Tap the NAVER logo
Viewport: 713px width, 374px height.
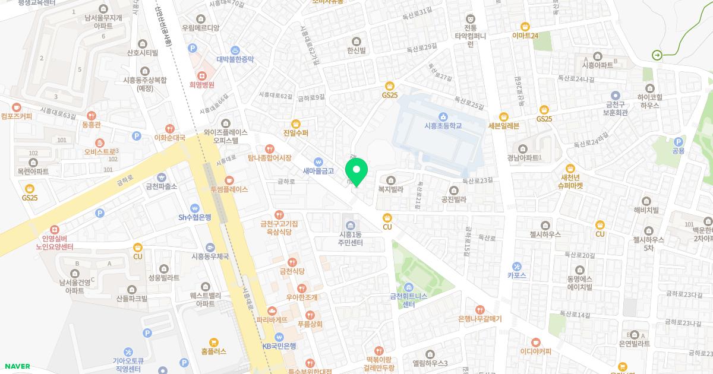pos(17,366)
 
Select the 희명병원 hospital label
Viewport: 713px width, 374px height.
pos(202,85)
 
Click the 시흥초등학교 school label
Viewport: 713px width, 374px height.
pos(443,126)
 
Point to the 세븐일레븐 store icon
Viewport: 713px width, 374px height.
pos(504,116)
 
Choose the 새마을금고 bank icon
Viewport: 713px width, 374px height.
pos(318,161)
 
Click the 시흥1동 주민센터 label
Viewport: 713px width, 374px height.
pos(350,239)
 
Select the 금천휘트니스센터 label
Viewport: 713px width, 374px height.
pos(409,300)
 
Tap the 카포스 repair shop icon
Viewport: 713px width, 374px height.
pos(517,267)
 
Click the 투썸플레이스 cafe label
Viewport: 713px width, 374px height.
pos(229,189)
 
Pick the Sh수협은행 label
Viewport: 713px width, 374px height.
pos(195,217)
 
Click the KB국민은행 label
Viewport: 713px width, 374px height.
pos(279,346)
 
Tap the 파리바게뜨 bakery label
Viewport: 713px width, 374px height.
pos(272,320)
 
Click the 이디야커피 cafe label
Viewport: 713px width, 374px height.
pos(536,351)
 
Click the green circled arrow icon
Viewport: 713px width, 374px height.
pos(657,55)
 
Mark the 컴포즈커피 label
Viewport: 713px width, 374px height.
pos(17,116)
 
